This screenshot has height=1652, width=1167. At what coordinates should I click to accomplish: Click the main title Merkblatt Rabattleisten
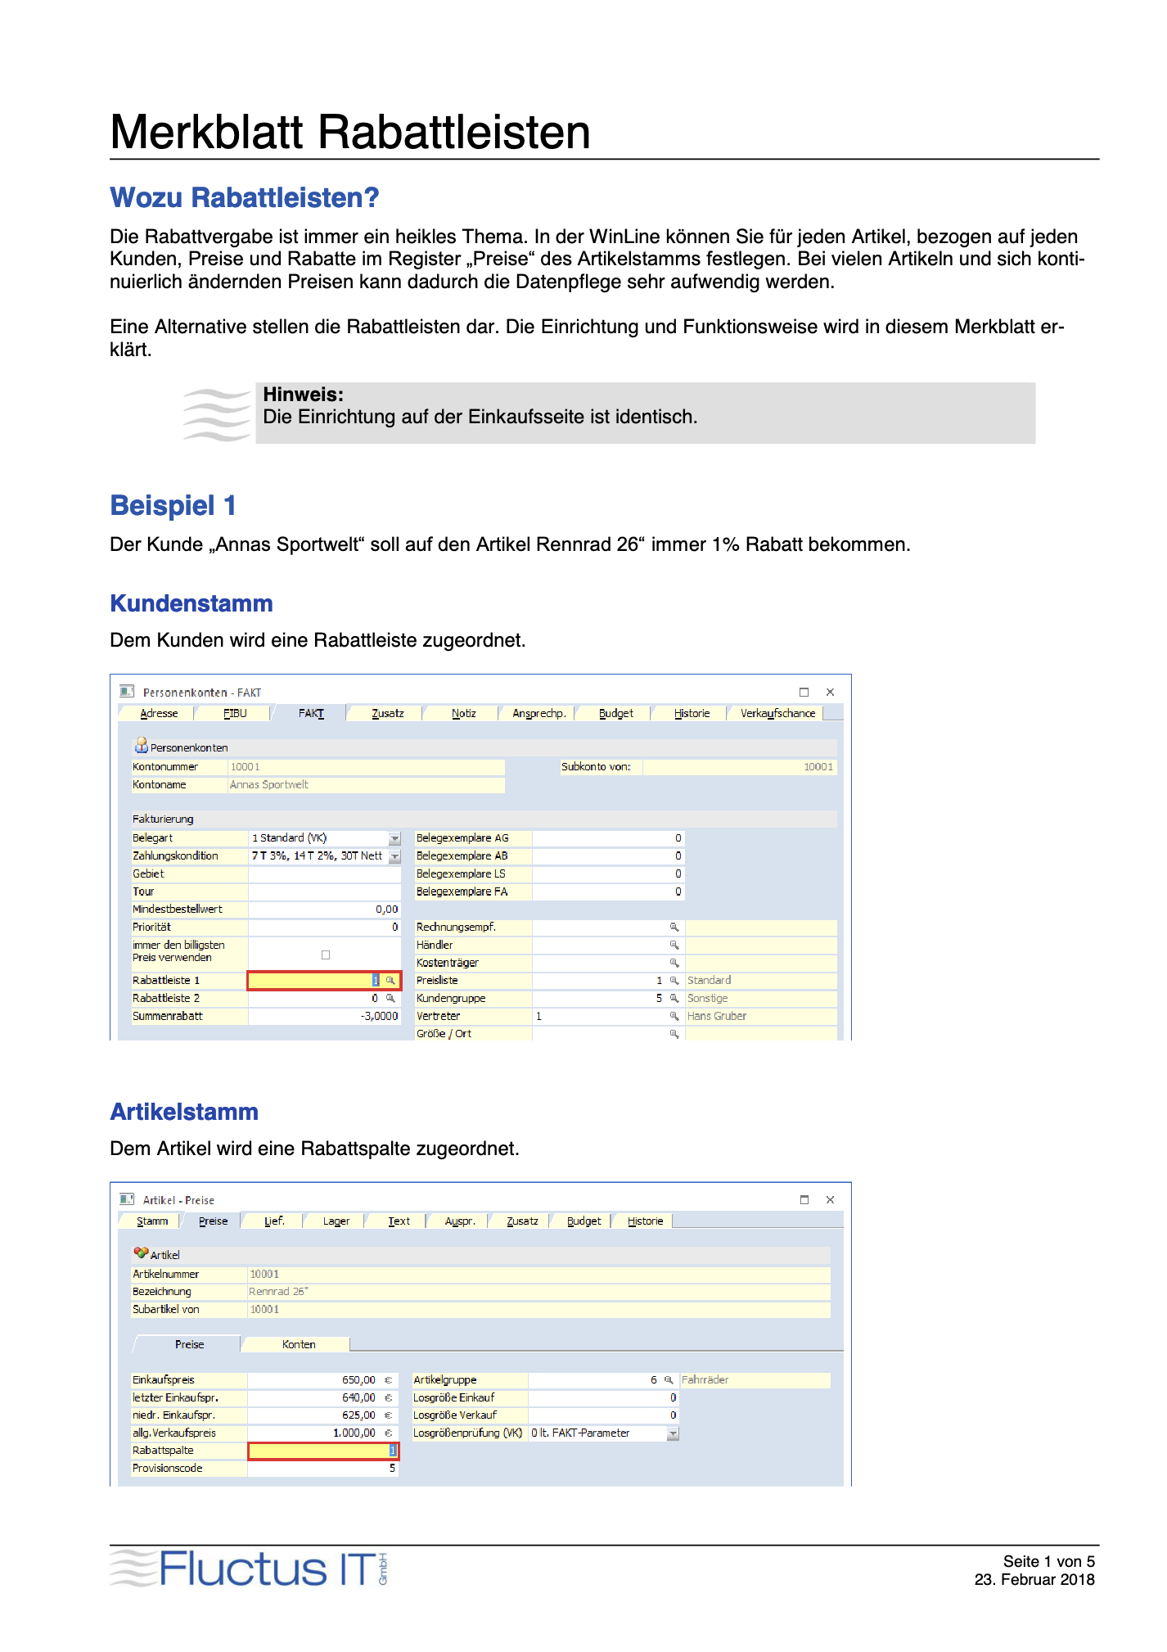coord(349,132)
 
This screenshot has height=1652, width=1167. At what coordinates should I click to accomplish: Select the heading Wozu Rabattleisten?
coord(245,198)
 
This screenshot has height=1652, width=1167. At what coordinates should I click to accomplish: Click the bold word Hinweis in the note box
coord(303,395)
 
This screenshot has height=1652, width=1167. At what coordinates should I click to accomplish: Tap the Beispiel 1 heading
coord(173,506)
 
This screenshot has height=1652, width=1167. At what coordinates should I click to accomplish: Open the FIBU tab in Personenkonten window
coord(235,714)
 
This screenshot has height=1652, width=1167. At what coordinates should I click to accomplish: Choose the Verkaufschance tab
coord(777,714)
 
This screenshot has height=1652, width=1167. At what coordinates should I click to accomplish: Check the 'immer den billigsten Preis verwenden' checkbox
coord(326,955)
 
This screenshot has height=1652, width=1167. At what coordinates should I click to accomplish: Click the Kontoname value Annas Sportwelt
coord(269,785)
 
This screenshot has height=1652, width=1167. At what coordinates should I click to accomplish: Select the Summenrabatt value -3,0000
coord(379,1017)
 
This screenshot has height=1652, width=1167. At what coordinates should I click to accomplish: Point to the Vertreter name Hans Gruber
coord(717,1017)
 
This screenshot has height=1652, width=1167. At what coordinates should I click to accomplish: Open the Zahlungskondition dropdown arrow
coord(394,856)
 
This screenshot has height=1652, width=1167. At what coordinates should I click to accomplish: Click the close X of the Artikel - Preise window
coord(830,1200)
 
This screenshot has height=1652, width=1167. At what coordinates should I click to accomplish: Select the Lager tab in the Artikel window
coord(336,1221)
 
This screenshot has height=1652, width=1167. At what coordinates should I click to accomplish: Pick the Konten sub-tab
coord(299,1344)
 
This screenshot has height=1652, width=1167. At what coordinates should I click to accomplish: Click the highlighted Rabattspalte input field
coord(322,1451)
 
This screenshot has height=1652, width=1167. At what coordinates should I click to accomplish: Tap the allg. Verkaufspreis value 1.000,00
coord(354,1433)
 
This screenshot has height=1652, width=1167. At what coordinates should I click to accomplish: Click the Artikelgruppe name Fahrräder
coord(705,1380)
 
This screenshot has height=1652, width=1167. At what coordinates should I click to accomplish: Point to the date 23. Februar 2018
coord(1034,1580)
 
